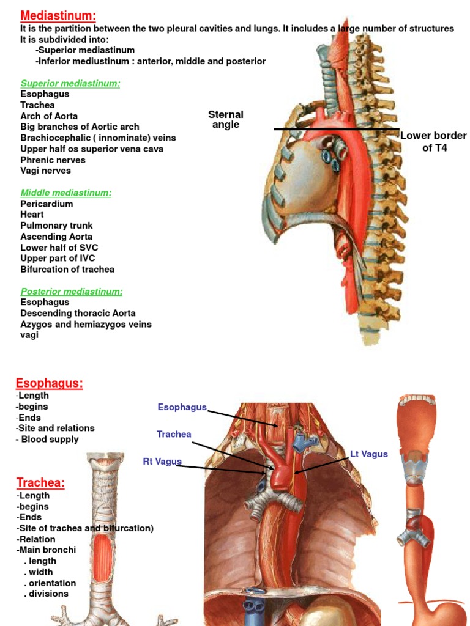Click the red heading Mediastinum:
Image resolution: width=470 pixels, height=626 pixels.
(58, 16)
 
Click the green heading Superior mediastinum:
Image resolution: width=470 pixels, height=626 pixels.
(70, 83)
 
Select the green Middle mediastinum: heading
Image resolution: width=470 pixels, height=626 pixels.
(66, 193)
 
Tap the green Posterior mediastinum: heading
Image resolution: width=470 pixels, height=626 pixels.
(72, 291)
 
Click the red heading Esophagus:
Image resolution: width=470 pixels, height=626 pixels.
(49, 383)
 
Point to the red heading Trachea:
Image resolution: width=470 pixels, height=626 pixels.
(40, 483)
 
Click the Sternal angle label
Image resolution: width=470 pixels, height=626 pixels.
(226, 119)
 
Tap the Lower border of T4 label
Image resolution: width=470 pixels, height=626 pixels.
(434, 141)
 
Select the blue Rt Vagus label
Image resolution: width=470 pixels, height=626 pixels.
(162, 462)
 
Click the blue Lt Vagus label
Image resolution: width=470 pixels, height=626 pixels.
(369, 454)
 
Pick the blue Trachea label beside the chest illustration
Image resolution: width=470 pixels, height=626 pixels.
(174, 434)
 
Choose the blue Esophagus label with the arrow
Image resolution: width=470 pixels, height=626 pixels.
(182, 407)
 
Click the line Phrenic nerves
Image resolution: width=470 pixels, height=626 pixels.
(53, 160)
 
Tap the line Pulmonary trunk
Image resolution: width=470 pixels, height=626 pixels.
(56, 226)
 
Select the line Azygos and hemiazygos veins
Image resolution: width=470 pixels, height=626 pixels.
(86, 324)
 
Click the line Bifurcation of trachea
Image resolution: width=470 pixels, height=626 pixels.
(67, 269)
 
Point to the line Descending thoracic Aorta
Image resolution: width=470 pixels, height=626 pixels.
(78, 313)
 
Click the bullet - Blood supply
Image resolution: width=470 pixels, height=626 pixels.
(48, 439)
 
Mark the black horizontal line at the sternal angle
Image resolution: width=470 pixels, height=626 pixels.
(336, 129)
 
